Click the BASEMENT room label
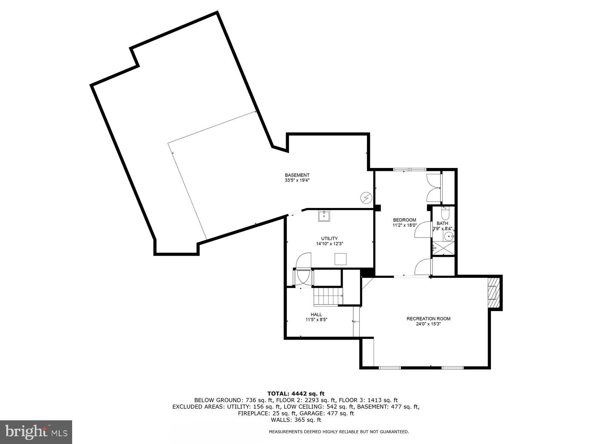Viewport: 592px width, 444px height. click(297, 175)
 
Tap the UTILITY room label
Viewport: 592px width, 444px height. click(329, 238)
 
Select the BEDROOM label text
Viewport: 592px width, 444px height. click(404, 220)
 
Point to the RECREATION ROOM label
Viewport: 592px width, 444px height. click(428, 319)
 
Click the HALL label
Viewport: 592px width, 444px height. click(316, 314)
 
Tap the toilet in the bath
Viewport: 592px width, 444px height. click(445, 214)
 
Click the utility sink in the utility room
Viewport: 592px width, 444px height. click(324, 215)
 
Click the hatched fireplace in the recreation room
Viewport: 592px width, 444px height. click(492, 292)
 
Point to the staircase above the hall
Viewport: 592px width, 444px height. click(328, 296)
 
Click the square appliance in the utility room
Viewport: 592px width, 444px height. click(340, 259)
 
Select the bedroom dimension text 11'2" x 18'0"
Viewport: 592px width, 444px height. click(404, 225)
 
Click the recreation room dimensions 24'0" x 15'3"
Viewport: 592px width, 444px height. click(428, 324)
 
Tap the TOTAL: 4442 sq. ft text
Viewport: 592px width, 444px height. click(296, 393)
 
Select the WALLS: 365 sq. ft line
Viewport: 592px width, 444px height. click(296, 420)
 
